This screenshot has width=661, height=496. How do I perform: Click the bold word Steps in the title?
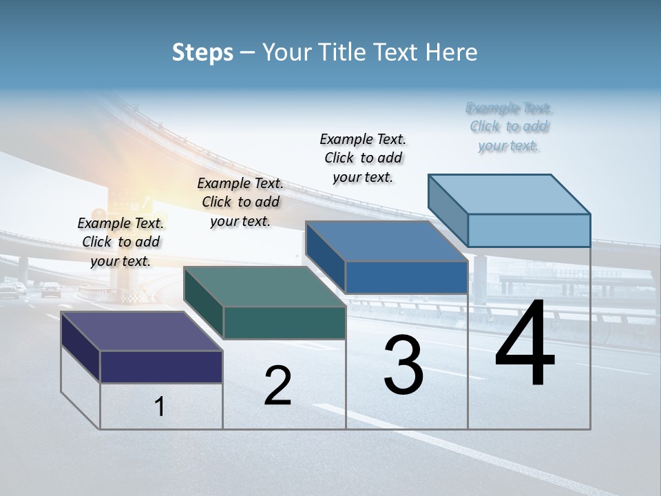click(x=202, y=52)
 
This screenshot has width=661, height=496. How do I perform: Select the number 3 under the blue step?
click(x=403, y=365)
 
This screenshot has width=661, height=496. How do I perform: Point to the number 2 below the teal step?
click(x=277, y=386)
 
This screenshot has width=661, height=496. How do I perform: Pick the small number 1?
click(x=159, y=407)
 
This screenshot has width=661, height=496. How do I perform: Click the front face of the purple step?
click(x=161, y=366)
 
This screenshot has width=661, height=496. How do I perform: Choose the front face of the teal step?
click(x=284, y=322)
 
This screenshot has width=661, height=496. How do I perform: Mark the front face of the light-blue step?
click(x=529, y=230)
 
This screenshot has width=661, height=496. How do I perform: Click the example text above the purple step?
click(x=121, y=242)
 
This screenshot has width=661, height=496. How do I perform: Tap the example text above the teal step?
click(x=240, y=202)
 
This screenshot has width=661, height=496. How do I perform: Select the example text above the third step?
click(x=363, y=158)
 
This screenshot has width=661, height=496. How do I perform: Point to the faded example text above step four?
click(x=509, y=127)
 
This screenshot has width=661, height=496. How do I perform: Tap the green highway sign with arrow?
click(x=131, y=204)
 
